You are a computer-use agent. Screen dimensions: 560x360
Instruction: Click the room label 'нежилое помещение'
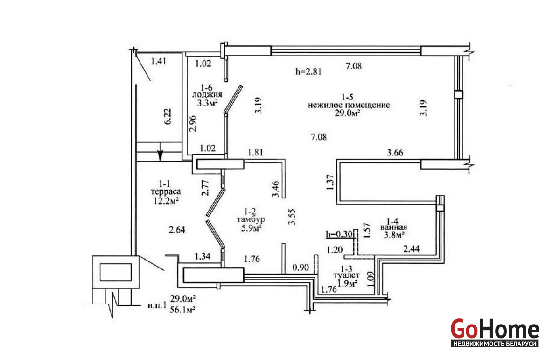pyautogui.click(x=349, y=105)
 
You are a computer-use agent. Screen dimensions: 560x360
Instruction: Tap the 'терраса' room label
pyautogui.click(x=166, y=192)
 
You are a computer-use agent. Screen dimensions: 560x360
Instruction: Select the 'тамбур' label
pyautogui.click(x=251, y=219)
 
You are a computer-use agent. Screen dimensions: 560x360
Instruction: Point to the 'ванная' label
pyautogui.click(x=393, y=227)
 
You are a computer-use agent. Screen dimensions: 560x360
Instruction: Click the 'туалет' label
pyautogui.click(x=346, y=275)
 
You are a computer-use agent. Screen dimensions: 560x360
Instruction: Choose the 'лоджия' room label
pyautogui.click(x=207, y=95)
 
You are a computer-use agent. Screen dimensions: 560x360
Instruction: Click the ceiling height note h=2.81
pyautogui.click(x=308, y=71)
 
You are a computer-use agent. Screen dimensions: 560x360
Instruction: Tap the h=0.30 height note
pyautogui.click(x=339, y=234)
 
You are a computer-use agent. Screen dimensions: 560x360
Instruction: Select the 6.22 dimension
pyautogui.click(x=168, y=116)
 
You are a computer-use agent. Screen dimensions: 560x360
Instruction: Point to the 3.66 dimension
pyautogui.click(x=395, y=153)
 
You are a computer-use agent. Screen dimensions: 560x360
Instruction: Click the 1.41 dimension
pyautogui.click(x=159, y=61)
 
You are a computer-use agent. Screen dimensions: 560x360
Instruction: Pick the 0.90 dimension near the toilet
pyautogui.click(x=301, y=268)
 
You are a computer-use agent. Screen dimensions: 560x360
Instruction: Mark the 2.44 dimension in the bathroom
pyautogui.click(x=411, y=249)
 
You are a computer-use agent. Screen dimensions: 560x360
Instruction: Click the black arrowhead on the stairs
pyautogui.click(x=160, y=155)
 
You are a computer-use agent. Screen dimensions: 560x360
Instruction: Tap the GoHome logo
pyautogui.click(x=495, y=333)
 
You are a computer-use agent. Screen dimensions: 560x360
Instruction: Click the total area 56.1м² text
pyautogui.click(x=182, y=310)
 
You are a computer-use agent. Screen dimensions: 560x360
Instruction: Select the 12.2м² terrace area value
pyautogui.click(x=166, y=201)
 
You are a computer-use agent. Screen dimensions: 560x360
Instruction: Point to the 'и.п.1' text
pyautogui.click(x=157, y=305)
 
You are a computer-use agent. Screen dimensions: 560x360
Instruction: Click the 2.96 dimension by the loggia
pyautogui.click(x=193, y=124)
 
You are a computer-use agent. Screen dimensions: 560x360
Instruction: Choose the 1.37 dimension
pyautogui.click(x=330, y=183)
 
